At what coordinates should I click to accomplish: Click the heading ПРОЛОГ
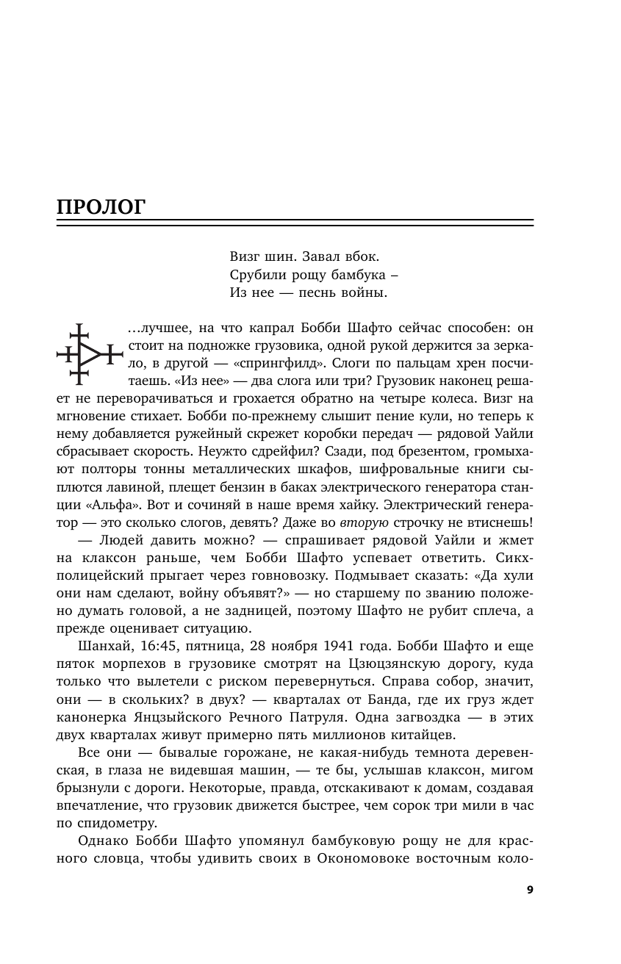(x=101, y=206)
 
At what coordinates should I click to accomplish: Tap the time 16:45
(x=154, y=646)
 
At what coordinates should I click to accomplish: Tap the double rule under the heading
(x=295, y=223)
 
